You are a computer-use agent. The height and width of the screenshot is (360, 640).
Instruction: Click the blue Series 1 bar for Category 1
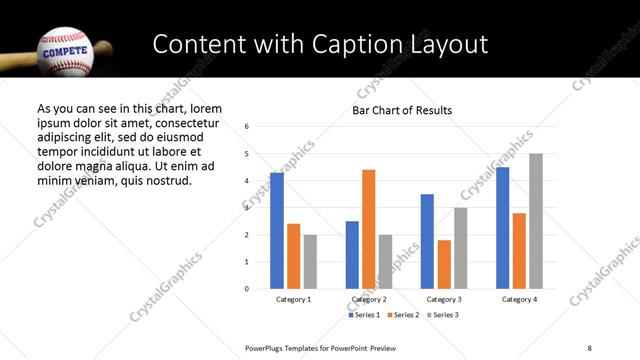[277, 231]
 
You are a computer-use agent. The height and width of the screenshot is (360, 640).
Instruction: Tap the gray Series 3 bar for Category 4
[536, 221]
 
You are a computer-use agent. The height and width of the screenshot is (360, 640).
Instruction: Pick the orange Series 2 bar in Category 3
[444, 264]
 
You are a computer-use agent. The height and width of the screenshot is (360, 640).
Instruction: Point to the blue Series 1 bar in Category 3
[427, 241]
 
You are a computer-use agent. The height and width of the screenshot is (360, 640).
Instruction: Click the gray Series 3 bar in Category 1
[310, 262]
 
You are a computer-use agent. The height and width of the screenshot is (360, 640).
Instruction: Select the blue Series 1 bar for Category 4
[503, 228]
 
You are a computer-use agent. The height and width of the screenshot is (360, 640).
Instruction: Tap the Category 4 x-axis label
[519, 299]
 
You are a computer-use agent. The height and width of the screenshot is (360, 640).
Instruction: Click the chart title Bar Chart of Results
[402, 110]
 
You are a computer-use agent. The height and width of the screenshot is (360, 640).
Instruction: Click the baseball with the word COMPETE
[65, 48]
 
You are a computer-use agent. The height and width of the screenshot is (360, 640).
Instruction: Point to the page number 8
[587, 347]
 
